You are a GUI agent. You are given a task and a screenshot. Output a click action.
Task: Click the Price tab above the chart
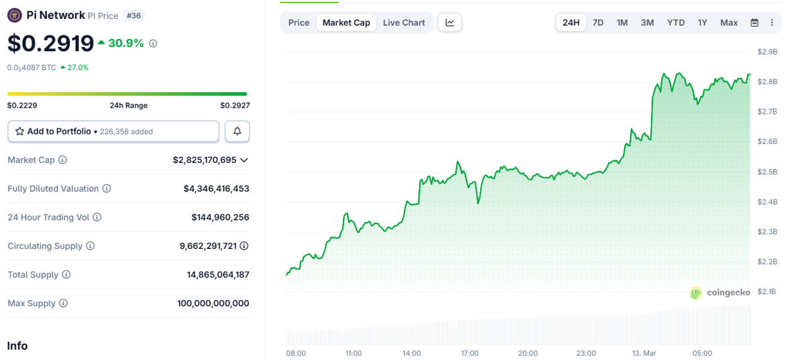tap(299, 23)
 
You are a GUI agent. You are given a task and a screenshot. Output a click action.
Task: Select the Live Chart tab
tap(403, 23)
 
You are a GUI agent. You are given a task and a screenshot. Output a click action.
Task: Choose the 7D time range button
tap(598, 23)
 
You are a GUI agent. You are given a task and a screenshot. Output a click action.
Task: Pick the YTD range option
tap(675, 23)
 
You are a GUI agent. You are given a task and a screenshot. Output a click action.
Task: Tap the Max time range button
tap(728, 23)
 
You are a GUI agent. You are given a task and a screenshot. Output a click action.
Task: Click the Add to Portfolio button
tap(113, 132)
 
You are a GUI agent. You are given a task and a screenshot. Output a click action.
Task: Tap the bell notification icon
tap(237, 132)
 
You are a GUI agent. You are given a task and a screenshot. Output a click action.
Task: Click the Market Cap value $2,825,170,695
tap(204, 160)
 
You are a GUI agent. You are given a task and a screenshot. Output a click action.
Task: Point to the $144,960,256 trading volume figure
tap(220, 217)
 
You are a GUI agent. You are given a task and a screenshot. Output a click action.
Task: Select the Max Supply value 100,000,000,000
tap(213, 303)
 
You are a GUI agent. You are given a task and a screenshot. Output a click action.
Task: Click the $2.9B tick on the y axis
tap(767, 52)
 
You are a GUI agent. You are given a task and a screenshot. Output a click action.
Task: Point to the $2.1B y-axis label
tap(767, 291)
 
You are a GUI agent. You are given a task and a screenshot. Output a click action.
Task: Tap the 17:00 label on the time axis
tap(469, 353)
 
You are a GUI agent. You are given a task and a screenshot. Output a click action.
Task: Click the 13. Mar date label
tap(644, 353)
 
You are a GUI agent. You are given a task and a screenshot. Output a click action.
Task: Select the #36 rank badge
tap(134, 15)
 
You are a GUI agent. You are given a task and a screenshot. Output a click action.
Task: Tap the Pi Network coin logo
tap(14, 15)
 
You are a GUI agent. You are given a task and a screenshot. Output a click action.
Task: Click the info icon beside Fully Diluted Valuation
tap(107, 189)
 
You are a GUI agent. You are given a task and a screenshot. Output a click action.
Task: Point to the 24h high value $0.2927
tap(235, 106)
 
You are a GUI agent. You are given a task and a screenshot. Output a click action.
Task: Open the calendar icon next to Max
tap(755, 23)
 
